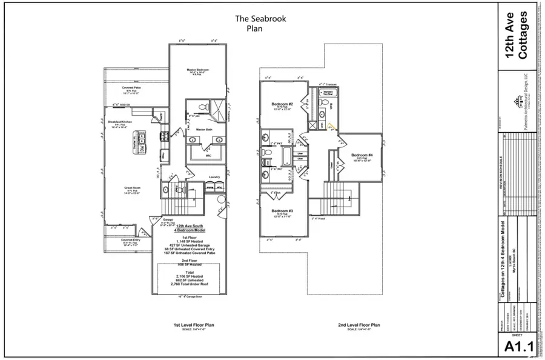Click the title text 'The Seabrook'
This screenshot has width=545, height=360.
(x=260, y=19)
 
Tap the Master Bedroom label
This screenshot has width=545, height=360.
(x=197, y=70)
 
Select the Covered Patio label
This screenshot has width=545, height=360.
(x=131, y=88)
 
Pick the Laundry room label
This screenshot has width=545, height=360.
(x=213, y=178)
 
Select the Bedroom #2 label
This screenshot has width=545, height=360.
(x=282, y=104)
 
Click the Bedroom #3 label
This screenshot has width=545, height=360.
(x=282, y=211)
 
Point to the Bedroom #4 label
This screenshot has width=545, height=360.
(x=362, y=156)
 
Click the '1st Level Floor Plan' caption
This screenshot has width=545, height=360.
(x=194, y=325)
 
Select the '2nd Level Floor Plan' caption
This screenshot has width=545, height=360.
(x=359, y=325)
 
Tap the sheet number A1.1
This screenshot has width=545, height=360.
(x=518, y=346)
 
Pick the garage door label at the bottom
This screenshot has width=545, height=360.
(x=189, y=297)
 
